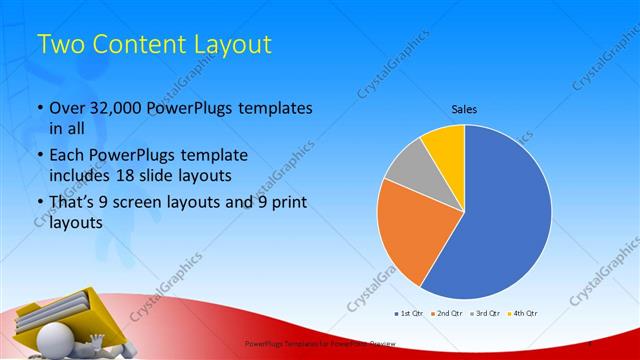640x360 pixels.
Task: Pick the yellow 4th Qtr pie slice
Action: point(444,146)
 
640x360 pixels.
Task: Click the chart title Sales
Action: point(464,108)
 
